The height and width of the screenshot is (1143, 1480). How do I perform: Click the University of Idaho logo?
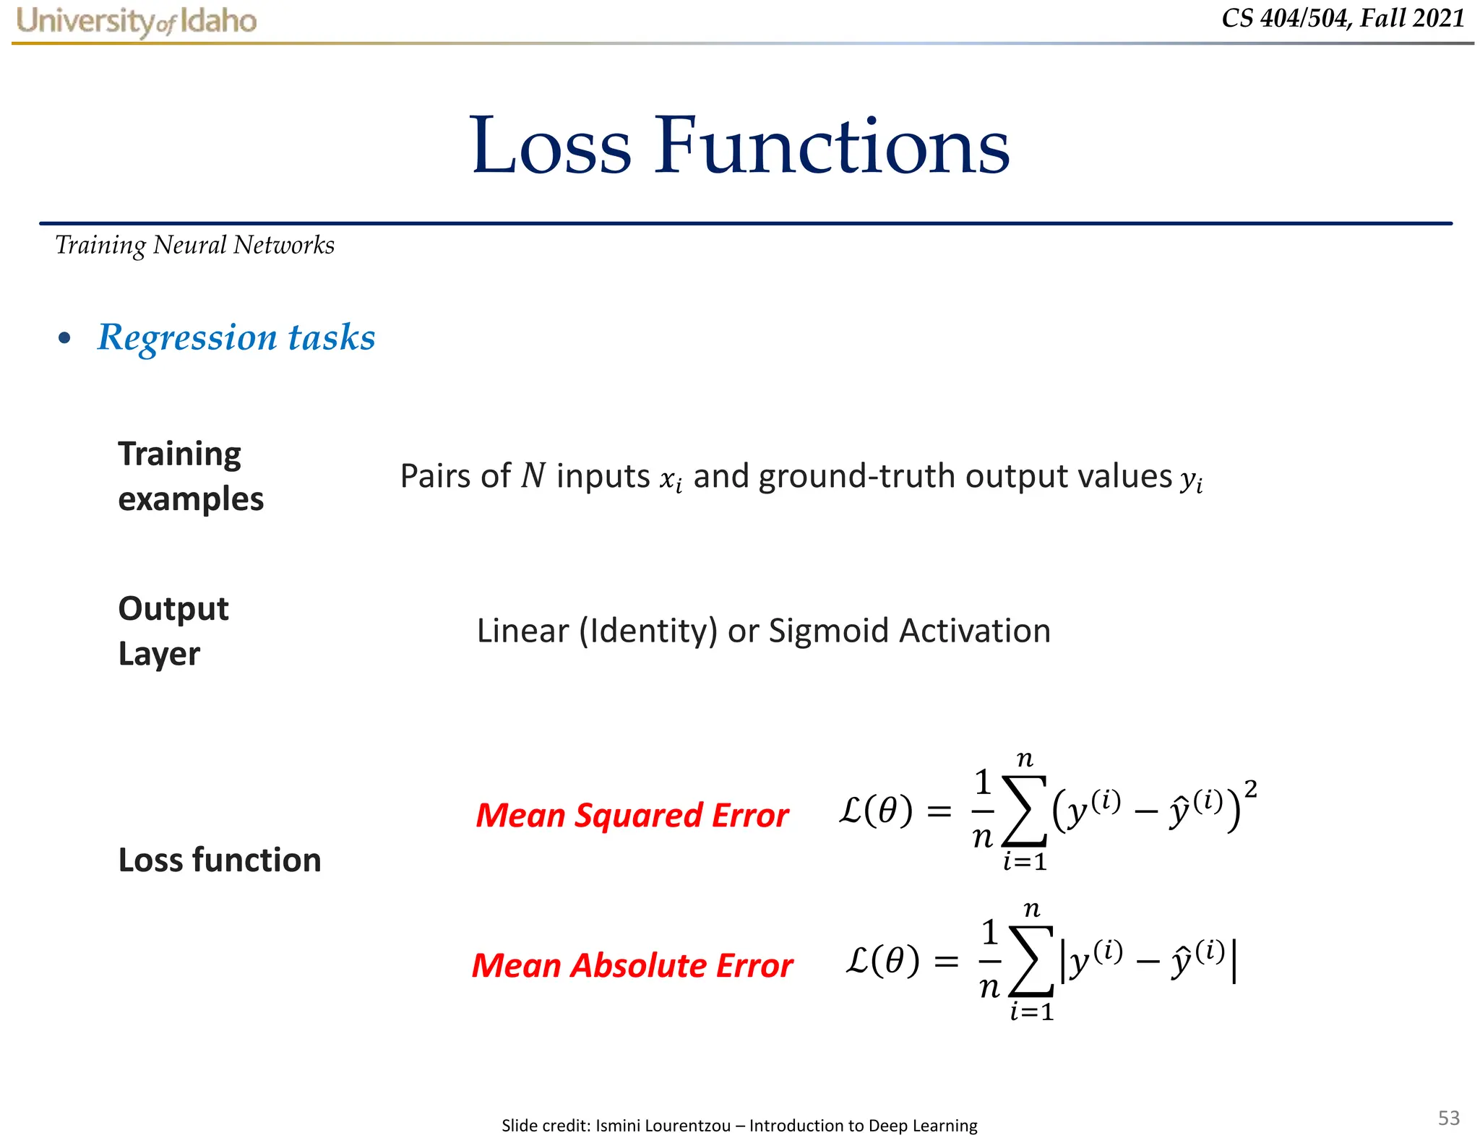pyautogui.click(x=137, y=21)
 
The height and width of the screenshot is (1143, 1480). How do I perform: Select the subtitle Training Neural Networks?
pyautogui.click(x=195, y=246)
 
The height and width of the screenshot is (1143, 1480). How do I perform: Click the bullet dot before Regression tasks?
pyautogui.click(x=65, y=338)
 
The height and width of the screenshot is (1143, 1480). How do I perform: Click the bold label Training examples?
pyautogui.click(x=190, y=476)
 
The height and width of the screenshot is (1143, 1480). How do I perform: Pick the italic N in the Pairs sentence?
pyautogui.click(x=533, y=476)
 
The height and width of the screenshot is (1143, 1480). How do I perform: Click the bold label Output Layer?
pyautogui.click(x=173, y=631)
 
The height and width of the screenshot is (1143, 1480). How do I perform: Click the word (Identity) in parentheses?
pyautogui.click(x=648, y=631)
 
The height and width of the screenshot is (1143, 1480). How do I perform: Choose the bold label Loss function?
pyautogui.click(x=220, y=860)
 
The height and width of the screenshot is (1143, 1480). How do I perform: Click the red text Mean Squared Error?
pyautogui.click(x=632, y=815)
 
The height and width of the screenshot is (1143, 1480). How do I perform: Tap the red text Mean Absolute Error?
pyautogui.click(x=632, y=965)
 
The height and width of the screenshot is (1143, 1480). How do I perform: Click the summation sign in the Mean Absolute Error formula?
pyautogui.click(x=1031, y=962)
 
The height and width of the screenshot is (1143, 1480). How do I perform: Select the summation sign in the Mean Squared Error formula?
pyautogui.click(x=1024, y=811)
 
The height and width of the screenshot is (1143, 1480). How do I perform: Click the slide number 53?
pyautogui.click(x=1448, y=1118)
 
